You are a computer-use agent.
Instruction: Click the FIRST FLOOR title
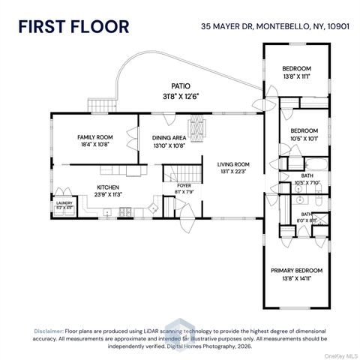click(x=73, y=27)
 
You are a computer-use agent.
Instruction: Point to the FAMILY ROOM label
click(x=94, y=137)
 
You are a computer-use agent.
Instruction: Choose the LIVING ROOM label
click(x=232, y=164)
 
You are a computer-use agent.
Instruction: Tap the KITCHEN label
click(x=107, y=187)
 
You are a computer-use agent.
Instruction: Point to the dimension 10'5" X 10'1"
click(x=304, y=138)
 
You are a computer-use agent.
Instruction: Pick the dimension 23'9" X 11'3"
click(x=107, y=194)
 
